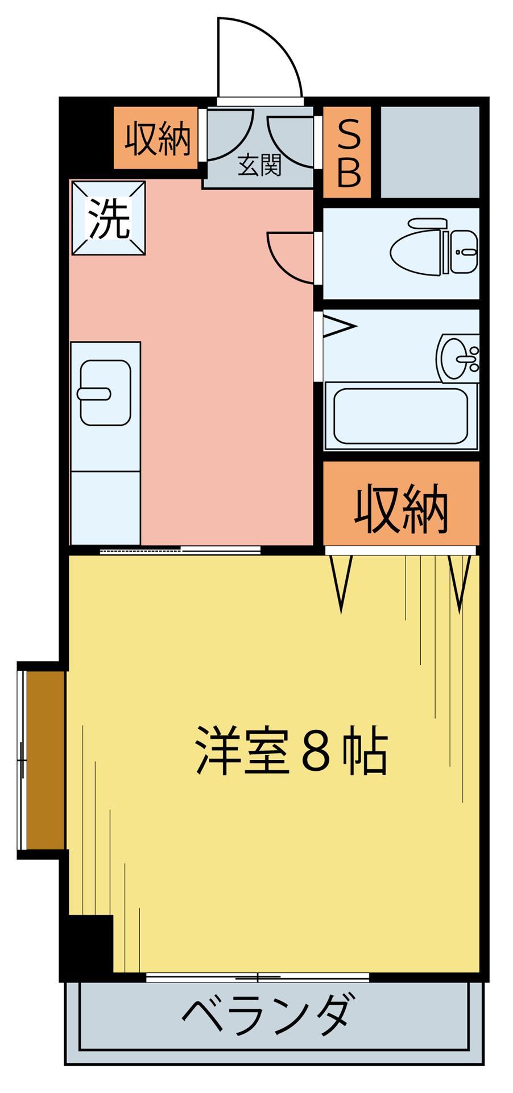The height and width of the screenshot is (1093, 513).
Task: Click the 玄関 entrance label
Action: coord(259,166)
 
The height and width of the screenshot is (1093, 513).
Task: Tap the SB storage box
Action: coord(347,153)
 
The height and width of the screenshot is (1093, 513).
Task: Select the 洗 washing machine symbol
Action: coord(108,218)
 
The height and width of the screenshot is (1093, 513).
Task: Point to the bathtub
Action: coord(400,416)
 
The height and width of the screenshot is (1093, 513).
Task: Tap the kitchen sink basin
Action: coord(105,392)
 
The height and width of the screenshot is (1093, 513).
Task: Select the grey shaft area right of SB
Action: coord(429,153)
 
